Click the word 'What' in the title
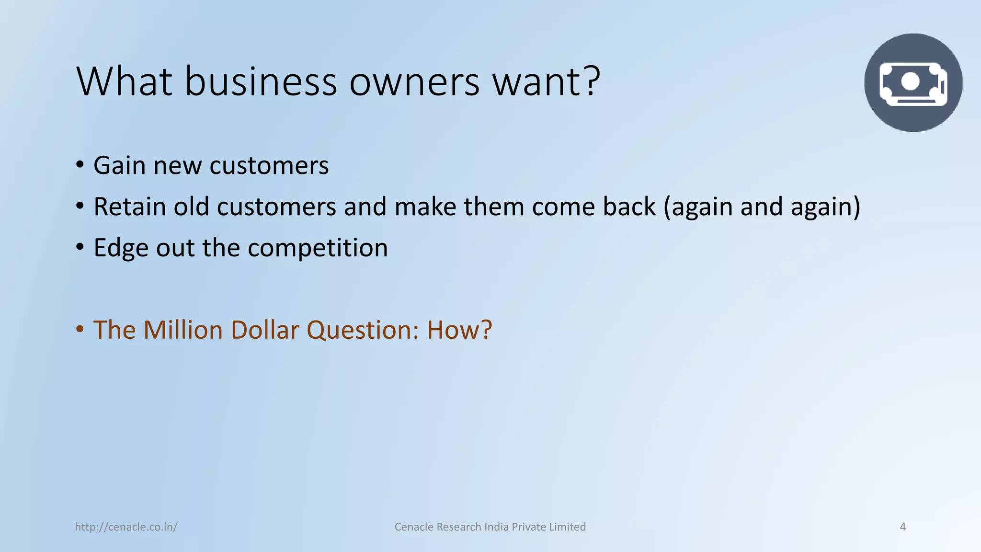124,81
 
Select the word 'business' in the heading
261,81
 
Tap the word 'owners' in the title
414,81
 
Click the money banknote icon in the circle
913,83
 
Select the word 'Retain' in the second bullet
129,207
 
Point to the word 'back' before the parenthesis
629,207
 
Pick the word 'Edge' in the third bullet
121,248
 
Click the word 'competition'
318,248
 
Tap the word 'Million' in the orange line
183,330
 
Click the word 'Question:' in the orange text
363,330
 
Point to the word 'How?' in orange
459,330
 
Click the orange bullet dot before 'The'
80,329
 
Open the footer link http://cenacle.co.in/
126,527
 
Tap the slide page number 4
903,527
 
